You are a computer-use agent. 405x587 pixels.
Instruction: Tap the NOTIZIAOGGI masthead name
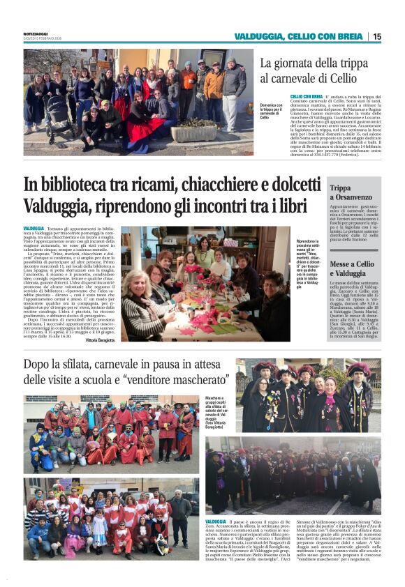click(37, 33)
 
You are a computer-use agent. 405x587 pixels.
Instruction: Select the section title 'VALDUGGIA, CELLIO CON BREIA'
click(300, 36)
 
